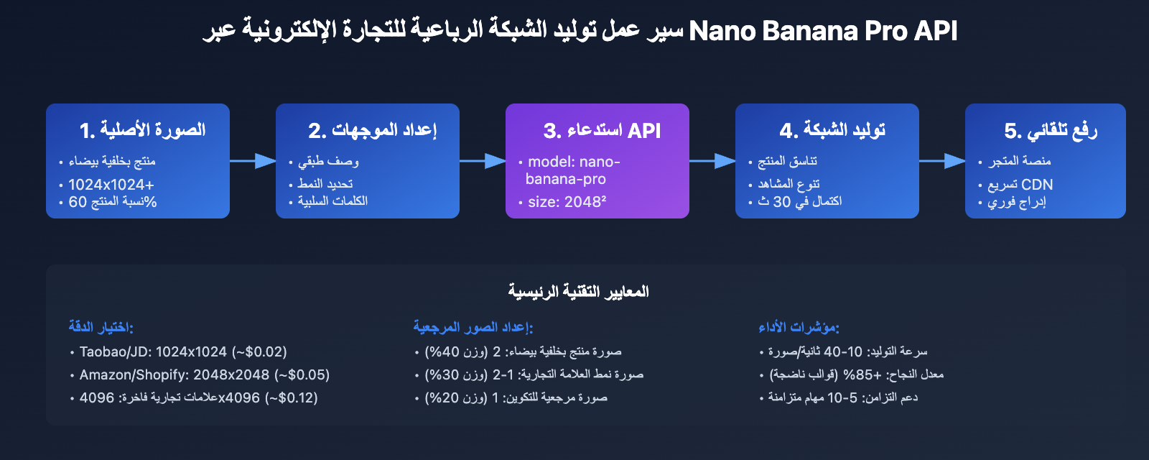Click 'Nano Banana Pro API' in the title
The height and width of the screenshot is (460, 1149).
pos(823,31)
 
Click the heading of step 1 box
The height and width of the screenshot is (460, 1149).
pos(142,130)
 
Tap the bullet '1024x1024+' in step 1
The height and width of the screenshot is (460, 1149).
pos(111,185)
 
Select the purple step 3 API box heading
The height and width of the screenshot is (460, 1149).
pos(602,130)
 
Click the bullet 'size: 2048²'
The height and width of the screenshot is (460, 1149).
pos(567,202)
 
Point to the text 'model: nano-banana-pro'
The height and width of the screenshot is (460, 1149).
pos(572,170)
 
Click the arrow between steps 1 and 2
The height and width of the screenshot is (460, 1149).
pos(253,161)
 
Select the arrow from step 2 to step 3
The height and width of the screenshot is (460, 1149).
pos(483,161)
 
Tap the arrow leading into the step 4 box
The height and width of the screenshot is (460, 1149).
pos(712,161)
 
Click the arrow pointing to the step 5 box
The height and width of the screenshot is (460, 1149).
pos(942,161)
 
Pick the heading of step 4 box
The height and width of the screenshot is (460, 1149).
pos(832,130)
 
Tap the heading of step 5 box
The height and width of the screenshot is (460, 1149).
pos(1051,130)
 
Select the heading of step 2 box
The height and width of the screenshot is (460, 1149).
pos(372,130)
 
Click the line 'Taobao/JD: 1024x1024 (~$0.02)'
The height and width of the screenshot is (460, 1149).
pos(183,351)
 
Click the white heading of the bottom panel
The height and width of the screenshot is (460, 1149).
pos(578,291)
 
